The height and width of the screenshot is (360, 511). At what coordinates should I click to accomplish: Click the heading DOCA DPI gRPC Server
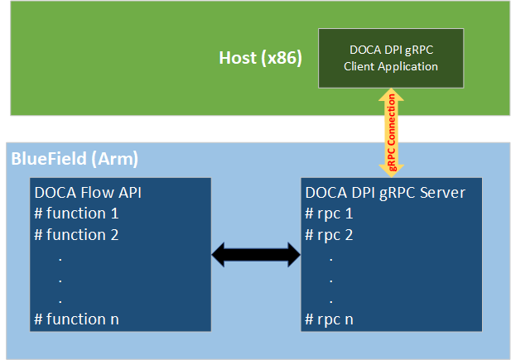(385, 193)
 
